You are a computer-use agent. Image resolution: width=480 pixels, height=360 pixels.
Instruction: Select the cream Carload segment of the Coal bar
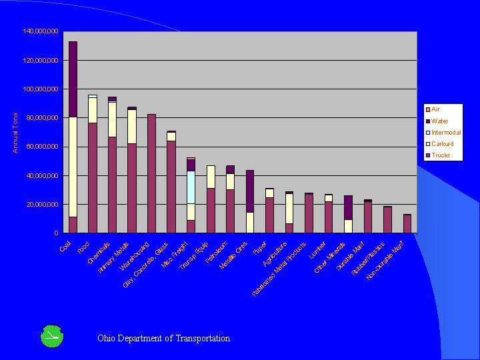pyautogui.click(x=73, y=167)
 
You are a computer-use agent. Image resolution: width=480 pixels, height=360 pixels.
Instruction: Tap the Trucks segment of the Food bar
pyautogui.click(x=93, y=177)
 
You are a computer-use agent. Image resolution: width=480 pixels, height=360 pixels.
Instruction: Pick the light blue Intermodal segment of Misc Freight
pyautogui.click(x=191, y=187)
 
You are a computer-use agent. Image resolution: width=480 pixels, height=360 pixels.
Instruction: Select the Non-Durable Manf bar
pyautogui.click(x=407, y=223)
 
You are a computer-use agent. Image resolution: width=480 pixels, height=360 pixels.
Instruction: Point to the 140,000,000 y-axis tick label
pyautogui.click(x=41, y=31)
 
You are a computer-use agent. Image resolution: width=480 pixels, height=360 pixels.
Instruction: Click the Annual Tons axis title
pyautogui.click(x=15, y=132)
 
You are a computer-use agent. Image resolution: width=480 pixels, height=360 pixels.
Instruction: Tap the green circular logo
pyautogui.click(x=52, y=337)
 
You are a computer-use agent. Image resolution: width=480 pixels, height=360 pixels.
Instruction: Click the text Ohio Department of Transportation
pyautogui.click(x=163, y=338)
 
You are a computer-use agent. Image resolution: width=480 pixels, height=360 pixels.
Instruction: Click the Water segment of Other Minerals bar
pyautogui.click(x=348, y=207)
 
